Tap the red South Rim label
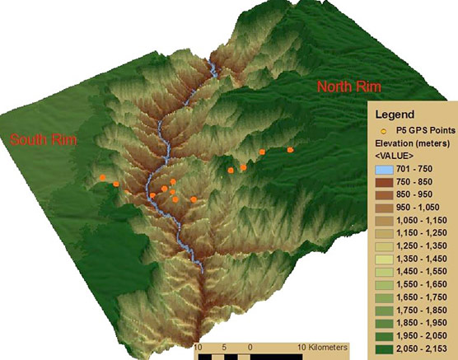[x=43, y=140]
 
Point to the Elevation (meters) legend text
[x=411, y=143]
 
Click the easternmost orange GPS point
[x=290, y=150]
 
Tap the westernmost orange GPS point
[x=102, y=177]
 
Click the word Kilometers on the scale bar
[x=323, y=348]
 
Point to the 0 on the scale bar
[x=250, y=348]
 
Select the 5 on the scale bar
[x=224, y=348]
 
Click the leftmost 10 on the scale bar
[x=198, y=348]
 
